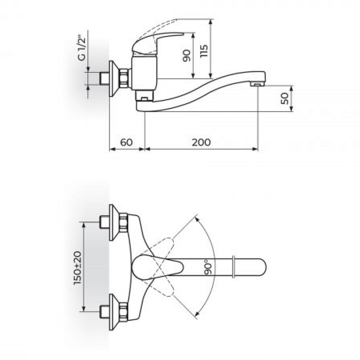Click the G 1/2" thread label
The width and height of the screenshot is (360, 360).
(82, 48)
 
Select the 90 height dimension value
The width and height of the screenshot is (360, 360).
(186, 55)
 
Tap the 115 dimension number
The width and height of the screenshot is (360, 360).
(204, 51)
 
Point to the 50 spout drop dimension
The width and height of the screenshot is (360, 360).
(285, 99)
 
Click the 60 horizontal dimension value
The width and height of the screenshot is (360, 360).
(126, 142)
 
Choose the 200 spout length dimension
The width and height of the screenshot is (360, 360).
(201, 142)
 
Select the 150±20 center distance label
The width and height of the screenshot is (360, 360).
(78, 268)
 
